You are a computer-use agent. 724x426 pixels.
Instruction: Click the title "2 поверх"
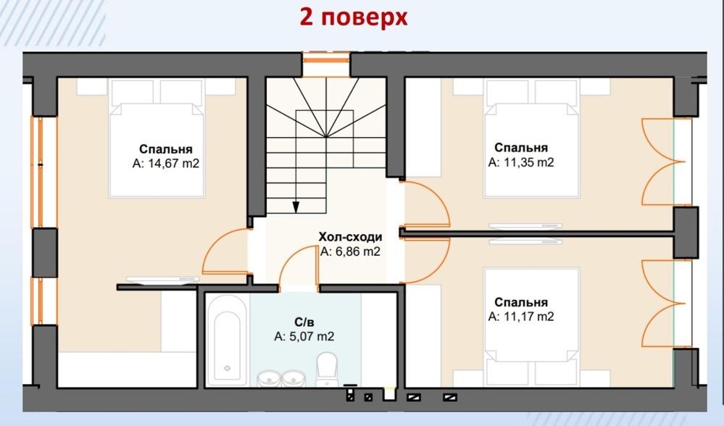tap(354, 17)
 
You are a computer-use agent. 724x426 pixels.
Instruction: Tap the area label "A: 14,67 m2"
tap(166, 164)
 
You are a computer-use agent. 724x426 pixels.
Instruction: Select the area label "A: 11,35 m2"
tap(521, 162)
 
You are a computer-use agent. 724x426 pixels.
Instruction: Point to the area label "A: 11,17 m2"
tap(521, 317)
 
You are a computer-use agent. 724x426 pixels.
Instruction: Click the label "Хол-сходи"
tap(351, 237)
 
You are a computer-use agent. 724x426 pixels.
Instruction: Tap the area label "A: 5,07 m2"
tap(304, 336)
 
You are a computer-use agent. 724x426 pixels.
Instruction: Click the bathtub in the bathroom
tap(227, 340)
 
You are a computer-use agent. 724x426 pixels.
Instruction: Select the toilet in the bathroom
tap(328, 369)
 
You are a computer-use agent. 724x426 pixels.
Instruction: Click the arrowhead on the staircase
tap(296, 206)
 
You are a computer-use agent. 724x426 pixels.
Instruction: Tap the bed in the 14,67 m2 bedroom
tap(157, 138)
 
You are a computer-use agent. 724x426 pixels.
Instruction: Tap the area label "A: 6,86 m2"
tap(351, 252)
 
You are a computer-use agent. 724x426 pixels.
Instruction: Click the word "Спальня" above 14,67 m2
tap(166, 149)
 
